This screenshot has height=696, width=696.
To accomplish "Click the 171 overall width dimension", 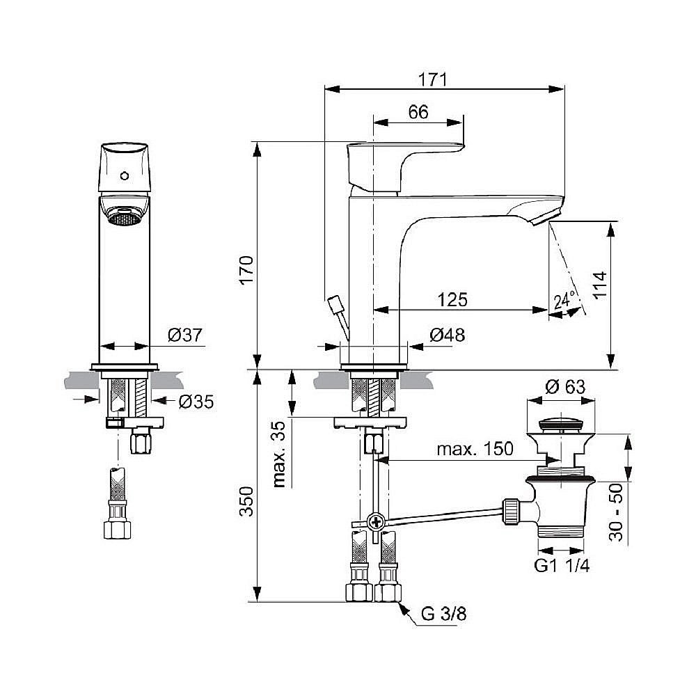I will tap(432, 79).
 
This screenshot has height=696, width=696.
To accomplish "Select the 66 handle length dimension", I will tap(418, 113).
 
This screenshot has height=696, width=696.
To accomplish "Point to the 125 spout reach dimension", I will tap(452, 299).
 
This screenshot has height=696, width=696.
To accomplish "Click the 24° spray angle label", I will tap(564, 301).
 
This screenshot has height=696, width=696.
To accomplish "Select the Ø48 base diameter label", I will tap(447, 335).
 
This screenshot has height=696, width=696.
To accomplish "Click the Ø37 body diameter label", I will tap(184, 335).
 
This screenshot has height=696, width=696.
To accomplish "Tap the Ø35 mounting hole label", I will tap(196, 401).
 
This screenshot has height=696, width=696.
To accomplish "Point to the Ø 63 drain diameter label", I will tap(564, 387).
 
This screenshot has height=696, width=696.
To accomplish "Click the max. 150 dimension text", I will tap(475, 449).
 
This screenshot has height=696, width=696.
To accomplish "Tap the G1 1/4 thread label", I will tap(562, 566).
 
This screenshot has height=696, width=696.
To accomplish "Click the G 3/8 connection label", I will tap(443, 614).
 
